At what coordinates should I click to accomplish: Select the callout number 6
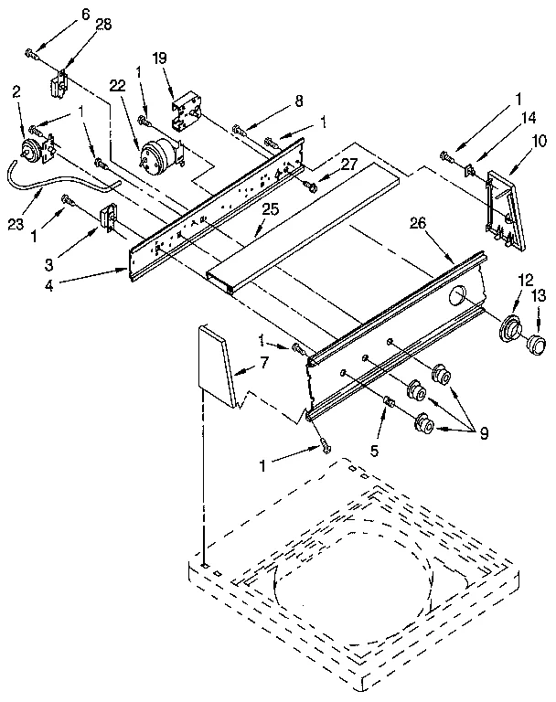(61, 15)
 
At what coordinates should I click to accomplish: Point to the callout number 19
(159, 58)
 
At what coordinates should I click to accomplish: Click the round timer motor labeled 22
(156, 152)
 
